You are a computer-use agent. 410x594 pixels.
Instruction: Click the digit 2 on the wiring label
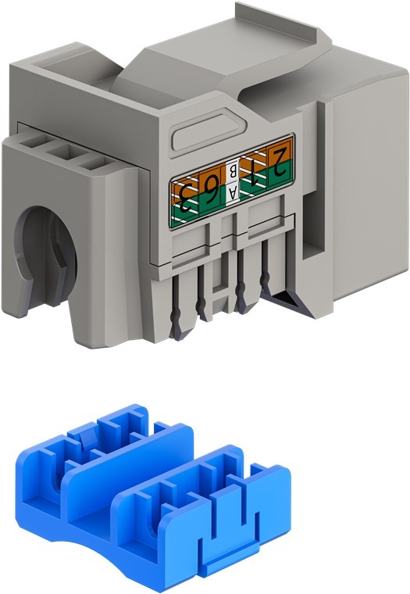(x=280, y=163)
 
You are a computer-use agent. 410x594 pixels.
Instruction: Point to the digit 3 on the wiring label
(x=186, y=198)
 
